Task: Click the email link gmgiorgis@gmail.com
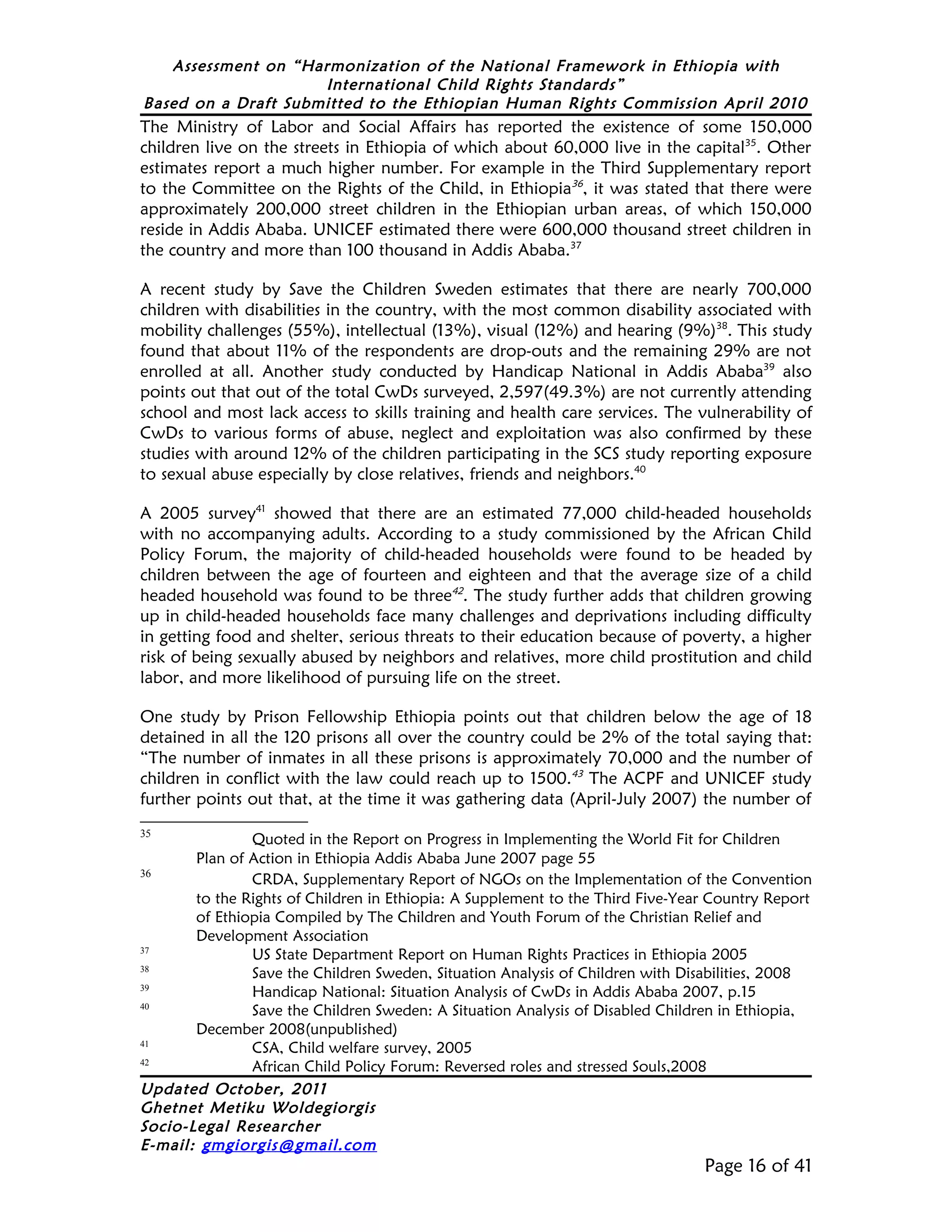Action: coord(289,1145)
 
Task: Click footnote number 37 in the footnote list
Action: coord(145,951)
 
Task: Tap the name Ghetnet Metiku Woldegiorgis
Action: coord(258,1107)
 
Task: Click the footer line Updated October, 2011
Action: coord(233,1089)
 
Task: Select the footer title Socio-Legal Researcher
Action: coord(230,1126)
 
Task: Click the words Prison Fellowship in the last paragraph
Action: coord(320,717)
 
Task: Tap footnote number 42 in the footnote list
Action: coord(145,1063)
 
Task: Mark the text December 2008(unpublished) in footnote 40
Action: coord(296,1029)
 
